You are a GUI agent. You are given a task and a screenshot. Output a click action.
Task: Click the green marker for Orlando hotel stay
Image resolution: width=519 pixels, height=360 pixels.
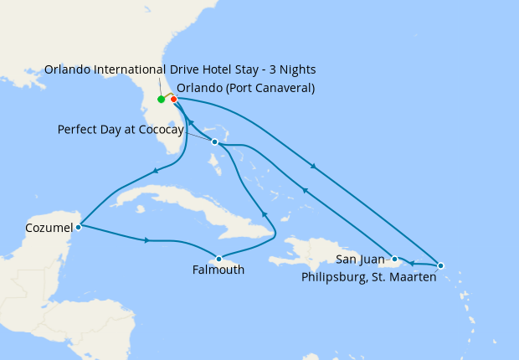click(x=162, y=100)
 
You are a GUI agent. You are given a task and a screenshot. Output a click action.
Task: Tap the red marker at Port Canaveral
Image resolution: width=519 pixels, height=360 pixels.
click(x=173, y=100)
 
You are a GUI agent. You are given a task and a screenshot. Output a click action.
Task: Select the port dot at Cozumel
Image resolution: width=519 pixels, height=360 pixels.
click(x=78, y=226)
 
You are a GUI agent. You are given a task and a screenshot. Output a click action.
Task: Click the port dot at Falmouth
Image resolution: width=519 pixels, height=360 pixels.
click(x=218, y=258)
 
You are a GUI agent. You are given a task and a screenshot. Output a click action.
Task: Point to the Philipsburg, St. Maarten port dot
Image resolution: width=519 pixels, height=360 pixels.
click(x=440, y=265)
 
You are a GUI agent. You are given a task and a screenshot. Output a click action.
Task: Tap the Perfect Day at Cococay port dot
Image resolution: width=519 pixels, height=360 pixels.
click(x=215, y=142)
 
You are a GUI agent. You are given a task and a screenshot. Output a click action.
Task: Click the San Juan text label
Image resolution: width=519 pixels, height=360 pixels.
click(x=359, y=259)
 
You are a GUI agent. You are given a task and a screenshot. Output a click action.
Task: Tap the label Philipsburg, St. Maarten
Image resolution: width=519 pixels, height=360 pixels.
click(x=367, y=277)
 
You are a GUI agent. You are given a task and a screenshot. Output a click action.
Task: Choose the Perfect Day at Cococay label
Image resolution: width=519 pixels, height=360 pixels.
click(x=121, y=130)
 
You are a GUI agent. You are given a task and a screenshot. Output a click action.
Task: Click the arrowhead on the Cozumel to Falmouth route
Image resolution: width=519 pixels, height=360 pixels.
click(x=147, y=240)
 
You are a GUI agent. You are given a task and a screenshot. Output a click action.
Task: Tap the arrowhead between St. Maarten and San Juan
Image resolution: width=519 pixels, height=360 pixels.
click(x=413, y=263)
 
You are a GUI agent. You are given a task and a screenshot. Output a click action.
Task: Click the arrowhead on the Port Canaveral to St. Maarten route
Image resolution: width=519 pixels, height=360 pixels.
click(x=313, y=167)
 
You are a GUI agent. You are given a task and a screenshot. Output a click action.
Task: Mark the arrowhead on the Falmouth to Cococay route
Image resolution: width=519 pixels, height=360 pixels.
click(x=264, y=213)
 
